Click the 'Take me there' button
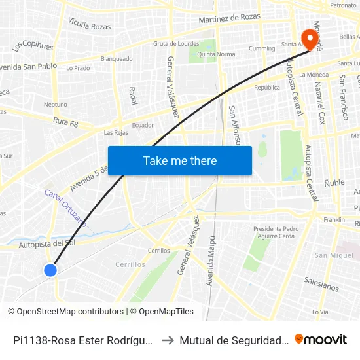coord(180,160)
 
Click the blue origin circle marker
coord(50,270)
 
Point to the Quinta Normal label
coord(217,54)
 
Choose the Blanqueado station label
coord(117,58)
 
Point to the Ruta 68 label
coord(65,122)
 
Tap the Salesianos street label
coord(321,283)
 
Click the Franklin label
coord(334,219)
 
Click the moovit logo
coord(321,340)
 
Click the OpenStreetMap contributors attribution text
coord(66,312)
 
